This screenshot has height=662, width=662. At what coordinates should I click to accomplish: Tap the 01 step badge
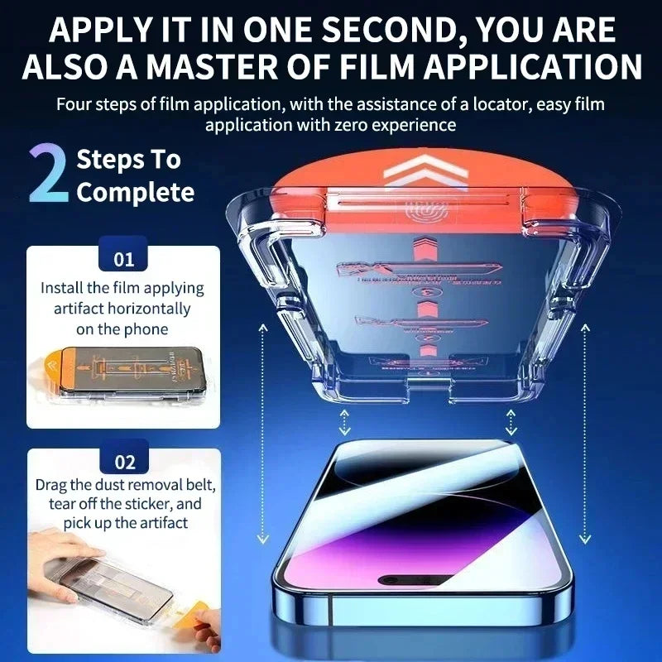[123, 258]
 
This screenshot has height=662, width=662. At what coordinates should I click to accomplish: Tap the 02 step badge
[123, 461]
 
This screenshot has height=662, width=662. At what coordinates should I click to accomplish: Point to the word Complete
[135, 193]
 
